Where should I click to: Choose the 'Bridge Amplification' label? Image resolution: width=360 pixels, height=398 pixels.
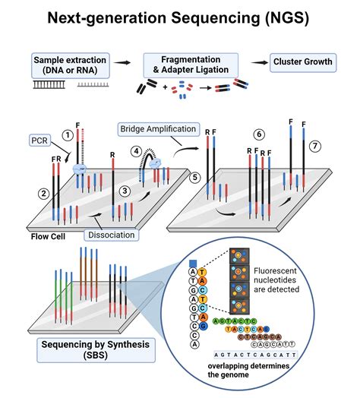coord(157,129)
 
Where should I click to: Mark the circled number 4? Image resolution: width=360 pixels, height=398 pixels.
coord(137,151)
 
